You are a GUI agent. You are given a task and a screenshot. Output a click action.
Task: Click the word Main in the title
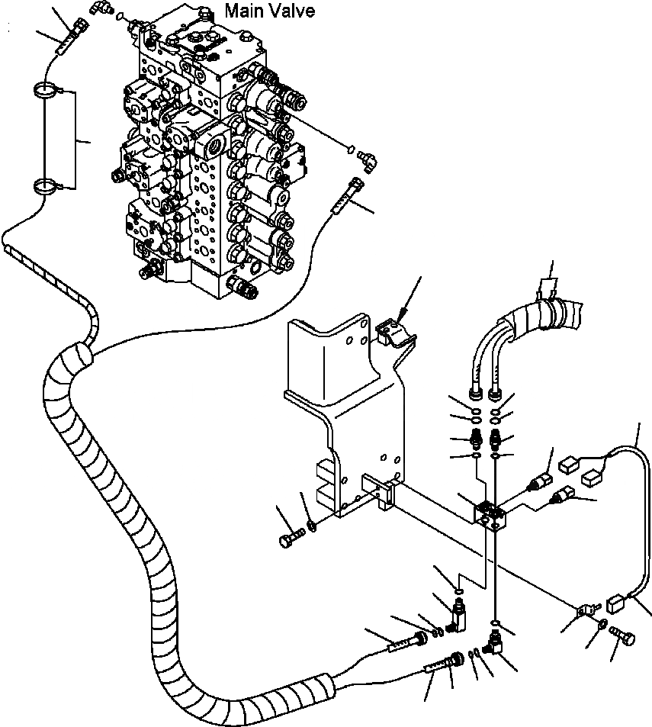(242, 12)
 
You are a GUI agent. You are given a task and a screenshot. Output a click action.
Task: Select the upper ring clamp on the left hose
(45, 94)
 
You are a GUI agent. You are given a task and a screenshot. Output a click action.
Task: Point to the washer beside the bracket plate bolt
(313, 525)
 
